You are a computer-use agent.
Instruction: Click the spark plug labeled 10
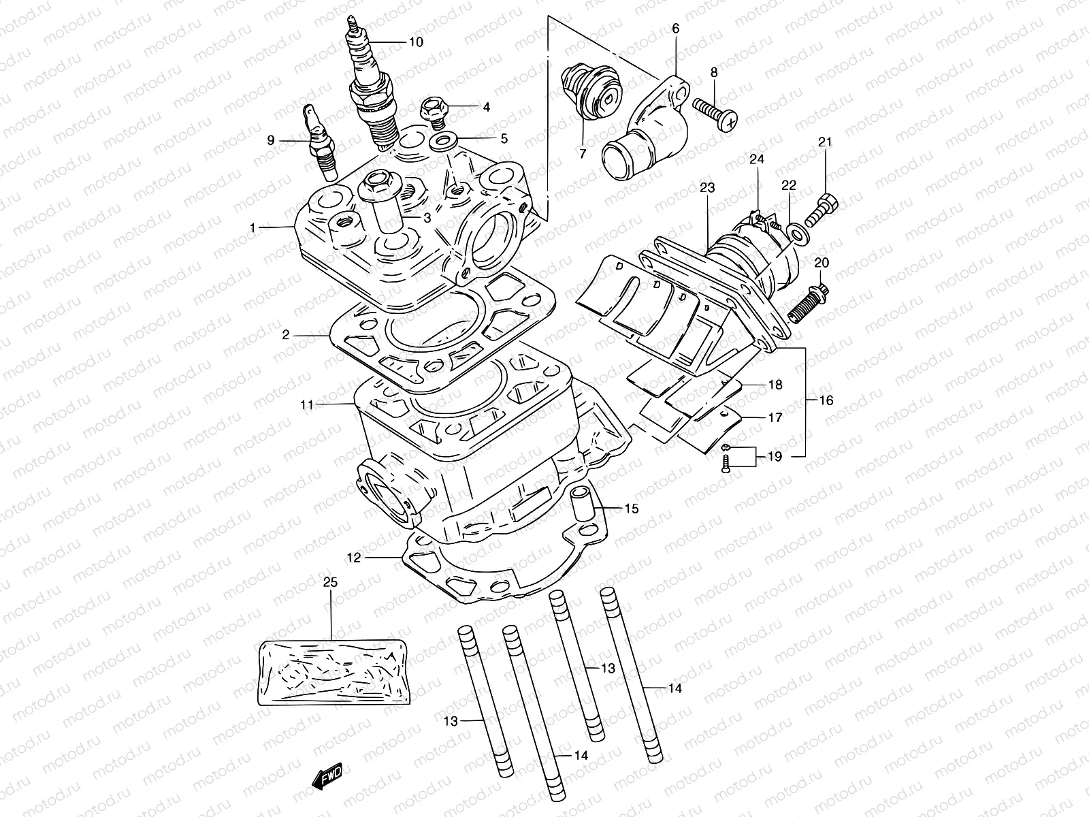pos(372,89)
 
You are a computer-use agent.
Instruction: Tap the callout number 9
pos(271,140)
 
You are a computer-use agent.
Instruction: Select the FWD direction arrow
pos(327,776)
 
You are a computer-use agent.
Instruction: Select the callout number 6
pos(675,29)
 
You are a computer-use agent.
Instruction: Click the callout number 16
pos(826,400)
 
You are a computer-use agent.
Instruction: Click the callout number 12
pos(353,558)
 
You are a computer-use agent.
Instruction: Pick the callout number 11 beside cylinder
pos(306,405)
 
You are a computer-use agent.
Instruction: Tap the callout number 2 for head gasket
pos(287,334)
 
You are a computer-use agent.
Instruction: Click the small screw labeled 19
pos(726,464)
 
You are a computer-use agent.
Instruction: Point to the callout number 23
pos(706,187)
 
